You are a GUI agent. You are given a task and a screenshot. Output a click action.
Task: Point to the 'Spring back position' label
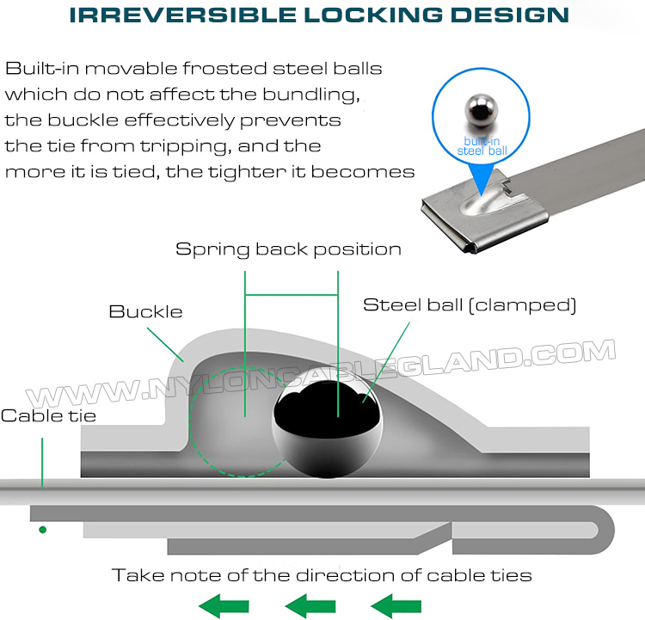288,249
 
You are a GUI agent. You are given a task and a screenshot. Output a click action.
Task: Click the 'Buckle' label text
145,311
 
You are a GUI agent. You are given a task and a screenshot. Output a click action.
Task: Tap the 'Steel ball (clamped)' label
470,304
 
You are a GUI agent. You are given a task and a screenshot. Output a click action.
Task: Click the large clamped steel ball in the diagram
327,430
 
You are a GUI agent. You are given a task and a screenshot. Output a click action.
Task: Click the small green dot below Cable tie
42,529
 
